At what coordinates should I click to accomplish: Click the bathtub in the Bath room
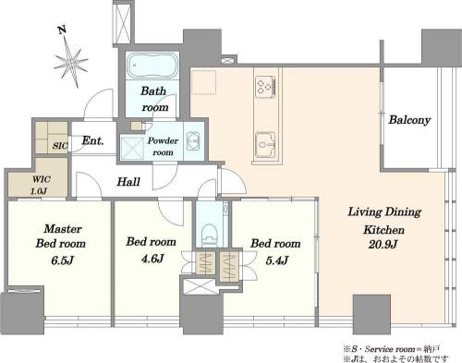click(x=152, y=66)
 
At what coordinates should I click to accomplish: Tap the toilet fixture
click(x=210, y=235)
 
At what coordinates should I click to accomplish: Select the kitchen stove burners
click(x=265, y=85)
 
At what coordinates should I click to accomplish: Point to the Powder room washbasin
click(x=193, y=141)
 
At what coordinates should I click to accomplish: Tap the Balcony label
click(x=409, y=120)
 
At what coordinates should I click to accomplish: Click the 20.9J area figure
click(x=383, y=245)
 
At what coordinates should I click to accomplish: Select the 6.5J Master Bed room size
click(x=62, y=260)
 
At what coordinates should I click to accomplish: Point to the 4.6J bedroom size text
click(x=152, y=259)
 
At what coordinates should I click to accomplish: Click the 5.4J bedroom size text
click(x=277, y=260)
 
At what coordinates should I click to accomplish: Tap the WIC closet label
click(x=42, y=179)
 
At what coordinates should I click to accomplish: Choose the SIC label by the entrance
click(x=60, y=146)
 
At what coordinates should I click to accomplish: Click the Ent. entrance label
click(x=92, y=141)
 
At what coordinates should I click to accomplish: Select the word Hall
click(x=128, y=182)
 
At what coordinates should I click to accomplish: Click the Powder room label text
click(x=163, y=146)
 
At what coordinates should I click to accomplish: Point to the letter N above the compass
click(x=62, y=30)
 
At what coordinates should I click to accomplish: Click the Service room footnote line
click(x=392, y=349)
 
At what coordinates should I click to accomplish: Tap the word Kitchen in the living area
click(x=383, y=230)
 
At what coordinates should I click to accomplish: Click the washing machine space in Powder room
click(x=132, y=148)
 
